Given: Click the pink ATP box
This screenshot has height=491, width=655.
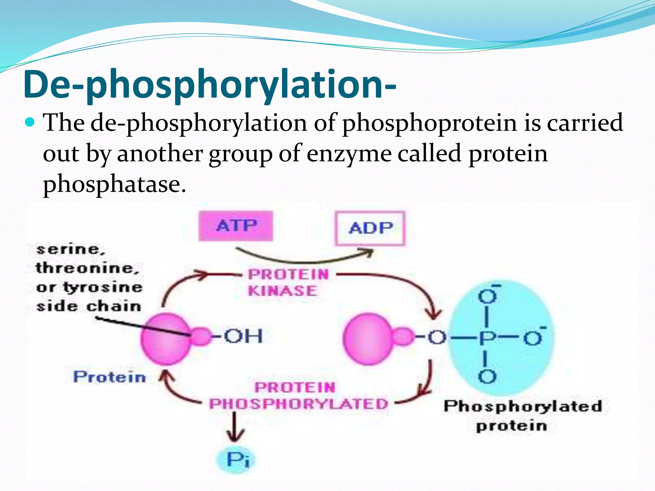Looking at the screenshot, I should pyautogui.click(x=236, y=226).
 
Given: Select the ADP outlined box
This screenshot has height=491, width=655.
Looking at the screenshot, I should pyautogui.click(x=370, y=228).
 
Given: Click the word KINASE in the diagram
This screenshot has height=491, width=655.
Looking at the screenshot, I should pyautogui.click(x=282, y=291).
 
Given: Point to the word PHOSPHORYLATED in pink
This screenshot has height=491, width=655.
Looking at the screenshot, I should pyautogui.click(x=298, y=404).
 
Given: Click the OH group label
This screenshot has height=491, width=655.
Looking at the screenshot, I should pyautogui.click(x=243, y=336).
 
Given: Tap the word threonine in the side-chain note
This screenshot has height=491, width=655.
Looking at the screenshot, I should pyautogui.click(x=87, y=268).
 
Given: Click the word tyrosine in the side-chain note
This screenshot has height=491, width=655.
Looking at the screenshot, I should pyautogui.click(x=103, y=287).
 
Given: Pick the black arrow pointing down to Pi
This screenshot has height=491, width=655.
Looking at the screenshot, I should pyautogui.click(x=235, y=427).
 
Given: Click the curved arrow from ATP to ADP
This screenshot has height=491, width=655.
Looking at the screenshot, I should pyautogui.click(x=304, y=258).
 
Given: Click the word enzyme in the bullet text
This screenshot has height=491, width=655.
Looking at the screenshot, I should pyautogui.click(x=349, y=153).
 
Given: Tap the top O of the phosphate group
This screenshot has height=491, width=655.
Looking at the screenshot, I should pyautogui.click(x=487, y=297).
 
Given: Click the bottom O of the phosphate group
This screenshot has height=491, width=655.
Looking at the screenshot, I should pyautogui.click(x=487, y=377).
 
